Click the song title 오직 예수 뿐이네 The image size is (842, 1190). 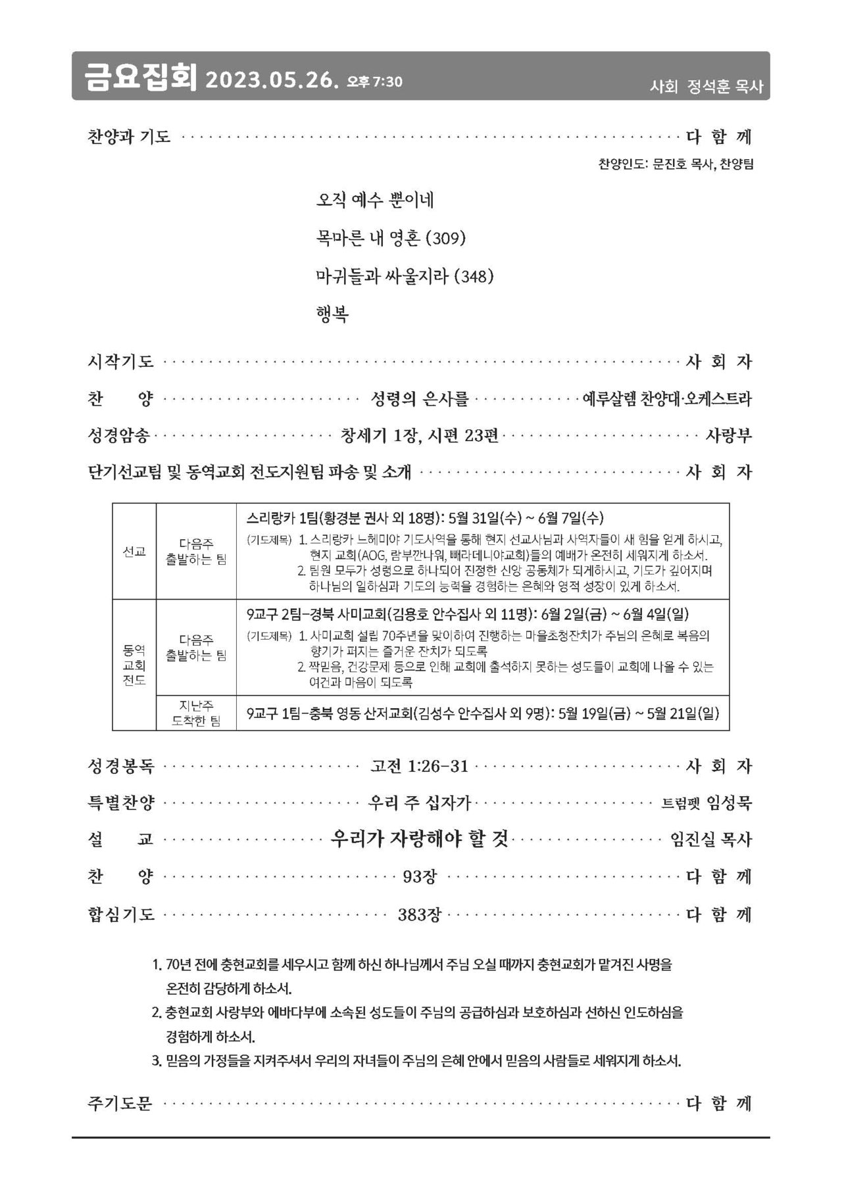pyautogui.click(x=374, y=201)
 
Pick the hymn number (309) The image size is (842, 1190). pyautogui.click(x=446, y=238)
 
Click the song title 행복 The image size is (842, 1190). pyautogui.click(x=332, y=314)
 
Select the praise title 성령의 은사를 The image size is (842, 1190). pyautogui.click(x=420, y=398)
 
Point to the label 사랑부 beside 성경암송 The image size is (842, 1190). pyautogui.click(x=728, y=435)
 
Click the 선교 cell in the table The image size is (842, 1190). pyautogui.click(x=134, y=552)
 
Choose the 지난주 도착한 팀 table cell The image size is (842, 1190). pyautogui.click(x=196, y=713)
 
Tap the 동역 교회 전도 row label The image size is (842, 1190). pyautogui.click(x=134, y=665)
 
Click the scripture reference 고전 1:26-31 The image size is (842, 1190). pyautogui.click(x=419, y=766)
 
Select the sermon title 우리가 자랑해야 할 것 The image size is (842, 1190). pyautogui.click(x=420, y=839)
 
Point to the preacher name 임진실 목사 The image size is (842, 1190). pyautogui.click(x=710, y=840)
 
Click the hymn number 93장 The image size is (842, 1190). pyautogui.click(x=420, y=876)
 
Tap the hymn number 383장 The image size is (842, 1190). pyautogui.click(x=420, y=915)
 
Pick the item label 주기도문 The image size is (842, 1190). pyautogui.click(x=120, y=1103)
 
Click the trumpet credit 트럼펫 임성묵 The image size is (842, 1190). pyautogui.click(x=706, y=803)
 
